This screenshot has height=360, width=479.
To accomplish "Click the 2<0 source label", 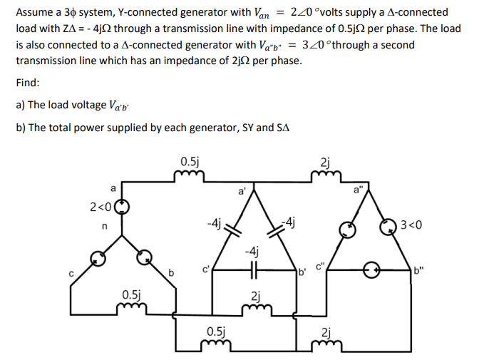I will (100, 207).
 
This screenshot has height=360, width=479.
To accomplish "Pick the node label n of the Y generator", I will (103, 227).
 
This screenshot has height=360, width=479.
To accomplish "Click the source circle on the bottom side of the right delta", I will (371, 271).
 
